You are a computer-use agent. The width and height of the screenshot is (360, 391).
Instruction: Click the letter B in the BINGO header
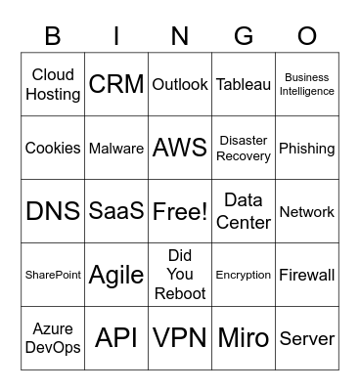(x=53, y=36)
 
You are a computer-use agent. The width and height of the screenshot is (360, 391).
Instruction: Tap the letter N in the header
(x=180, y=36)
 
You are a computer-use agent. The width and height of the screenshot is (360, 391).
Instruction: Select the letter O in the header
(x=307, y=36)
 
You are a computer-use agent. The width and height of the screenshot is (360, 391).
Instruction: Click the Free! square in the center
(x=180, y=211)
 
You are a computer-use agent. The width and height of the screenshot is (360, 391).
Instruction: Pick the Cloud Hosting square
(x=53, y=84)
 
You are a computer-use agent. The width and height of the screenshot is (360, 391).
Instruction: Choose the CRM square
(x=116, y=84)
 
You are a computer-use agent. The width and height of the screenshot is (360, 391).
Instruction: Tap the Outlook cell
(x=180, y=84)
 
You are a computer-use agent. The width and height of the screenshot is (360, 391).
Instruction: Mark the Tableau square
(x=244, y=84)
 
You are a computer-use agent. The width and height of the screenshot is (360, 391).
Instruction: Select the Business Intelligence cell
(x=307, y=84)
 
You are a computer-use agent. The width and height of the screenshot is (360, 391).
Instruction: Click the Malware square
(x=116, y=149)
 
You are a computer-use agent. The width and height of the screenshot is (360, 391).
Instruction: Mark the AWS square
(x=180, y=148)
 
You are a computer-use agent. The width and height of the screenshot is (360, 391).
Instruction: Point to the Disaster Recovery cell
(x=244, y=149)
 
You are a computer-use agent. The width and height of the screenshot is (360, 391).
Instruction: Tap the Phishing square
(x=307, y=149)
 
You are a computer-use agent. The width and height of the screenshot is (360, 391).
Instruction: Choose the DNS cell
(x=53, y=211)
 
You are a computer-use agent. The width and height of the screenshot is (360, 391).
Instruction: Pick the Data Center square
(x=244, y=211)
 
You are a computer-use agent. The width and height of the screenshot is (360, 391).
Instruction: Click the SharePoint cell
(x=53, y=275)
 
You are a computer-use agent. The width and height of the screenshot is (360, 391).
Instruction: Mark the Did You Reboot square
(x=180, y=275)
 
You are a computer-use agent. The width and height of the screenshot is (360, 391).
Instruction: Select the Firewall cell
(x=307, y=275)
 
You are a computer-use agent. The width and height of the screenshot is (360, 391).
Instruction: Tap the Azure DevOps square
(x=53, y=338)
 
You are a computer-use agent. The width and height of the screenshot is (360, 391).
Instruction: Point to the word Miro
(x=244, y=338)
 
